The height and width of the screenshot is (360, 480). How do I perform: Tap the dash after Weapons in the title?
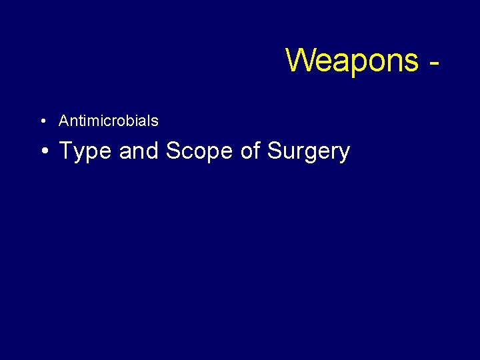(435, 64)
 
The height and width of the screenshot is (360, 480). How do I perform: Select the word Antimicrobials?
(109, 121)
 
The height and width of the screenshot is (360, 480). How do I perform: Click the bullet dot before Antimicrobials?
(42, 121)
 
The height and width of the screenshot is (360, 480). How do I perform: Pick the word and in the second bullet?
(139, 151)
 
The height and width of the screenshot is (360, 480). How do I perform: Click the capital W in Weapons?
(300, 60)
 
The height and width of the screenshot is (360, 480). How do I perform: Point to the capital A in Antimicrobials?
(64, 121)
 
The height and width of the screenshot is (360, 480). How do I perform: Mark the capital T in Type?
(66, 151)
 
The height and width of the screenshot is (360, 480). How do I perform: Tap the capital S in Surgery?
(274, 151)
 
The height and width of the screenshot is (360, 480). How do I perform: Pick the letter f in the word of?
(257, 151)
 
